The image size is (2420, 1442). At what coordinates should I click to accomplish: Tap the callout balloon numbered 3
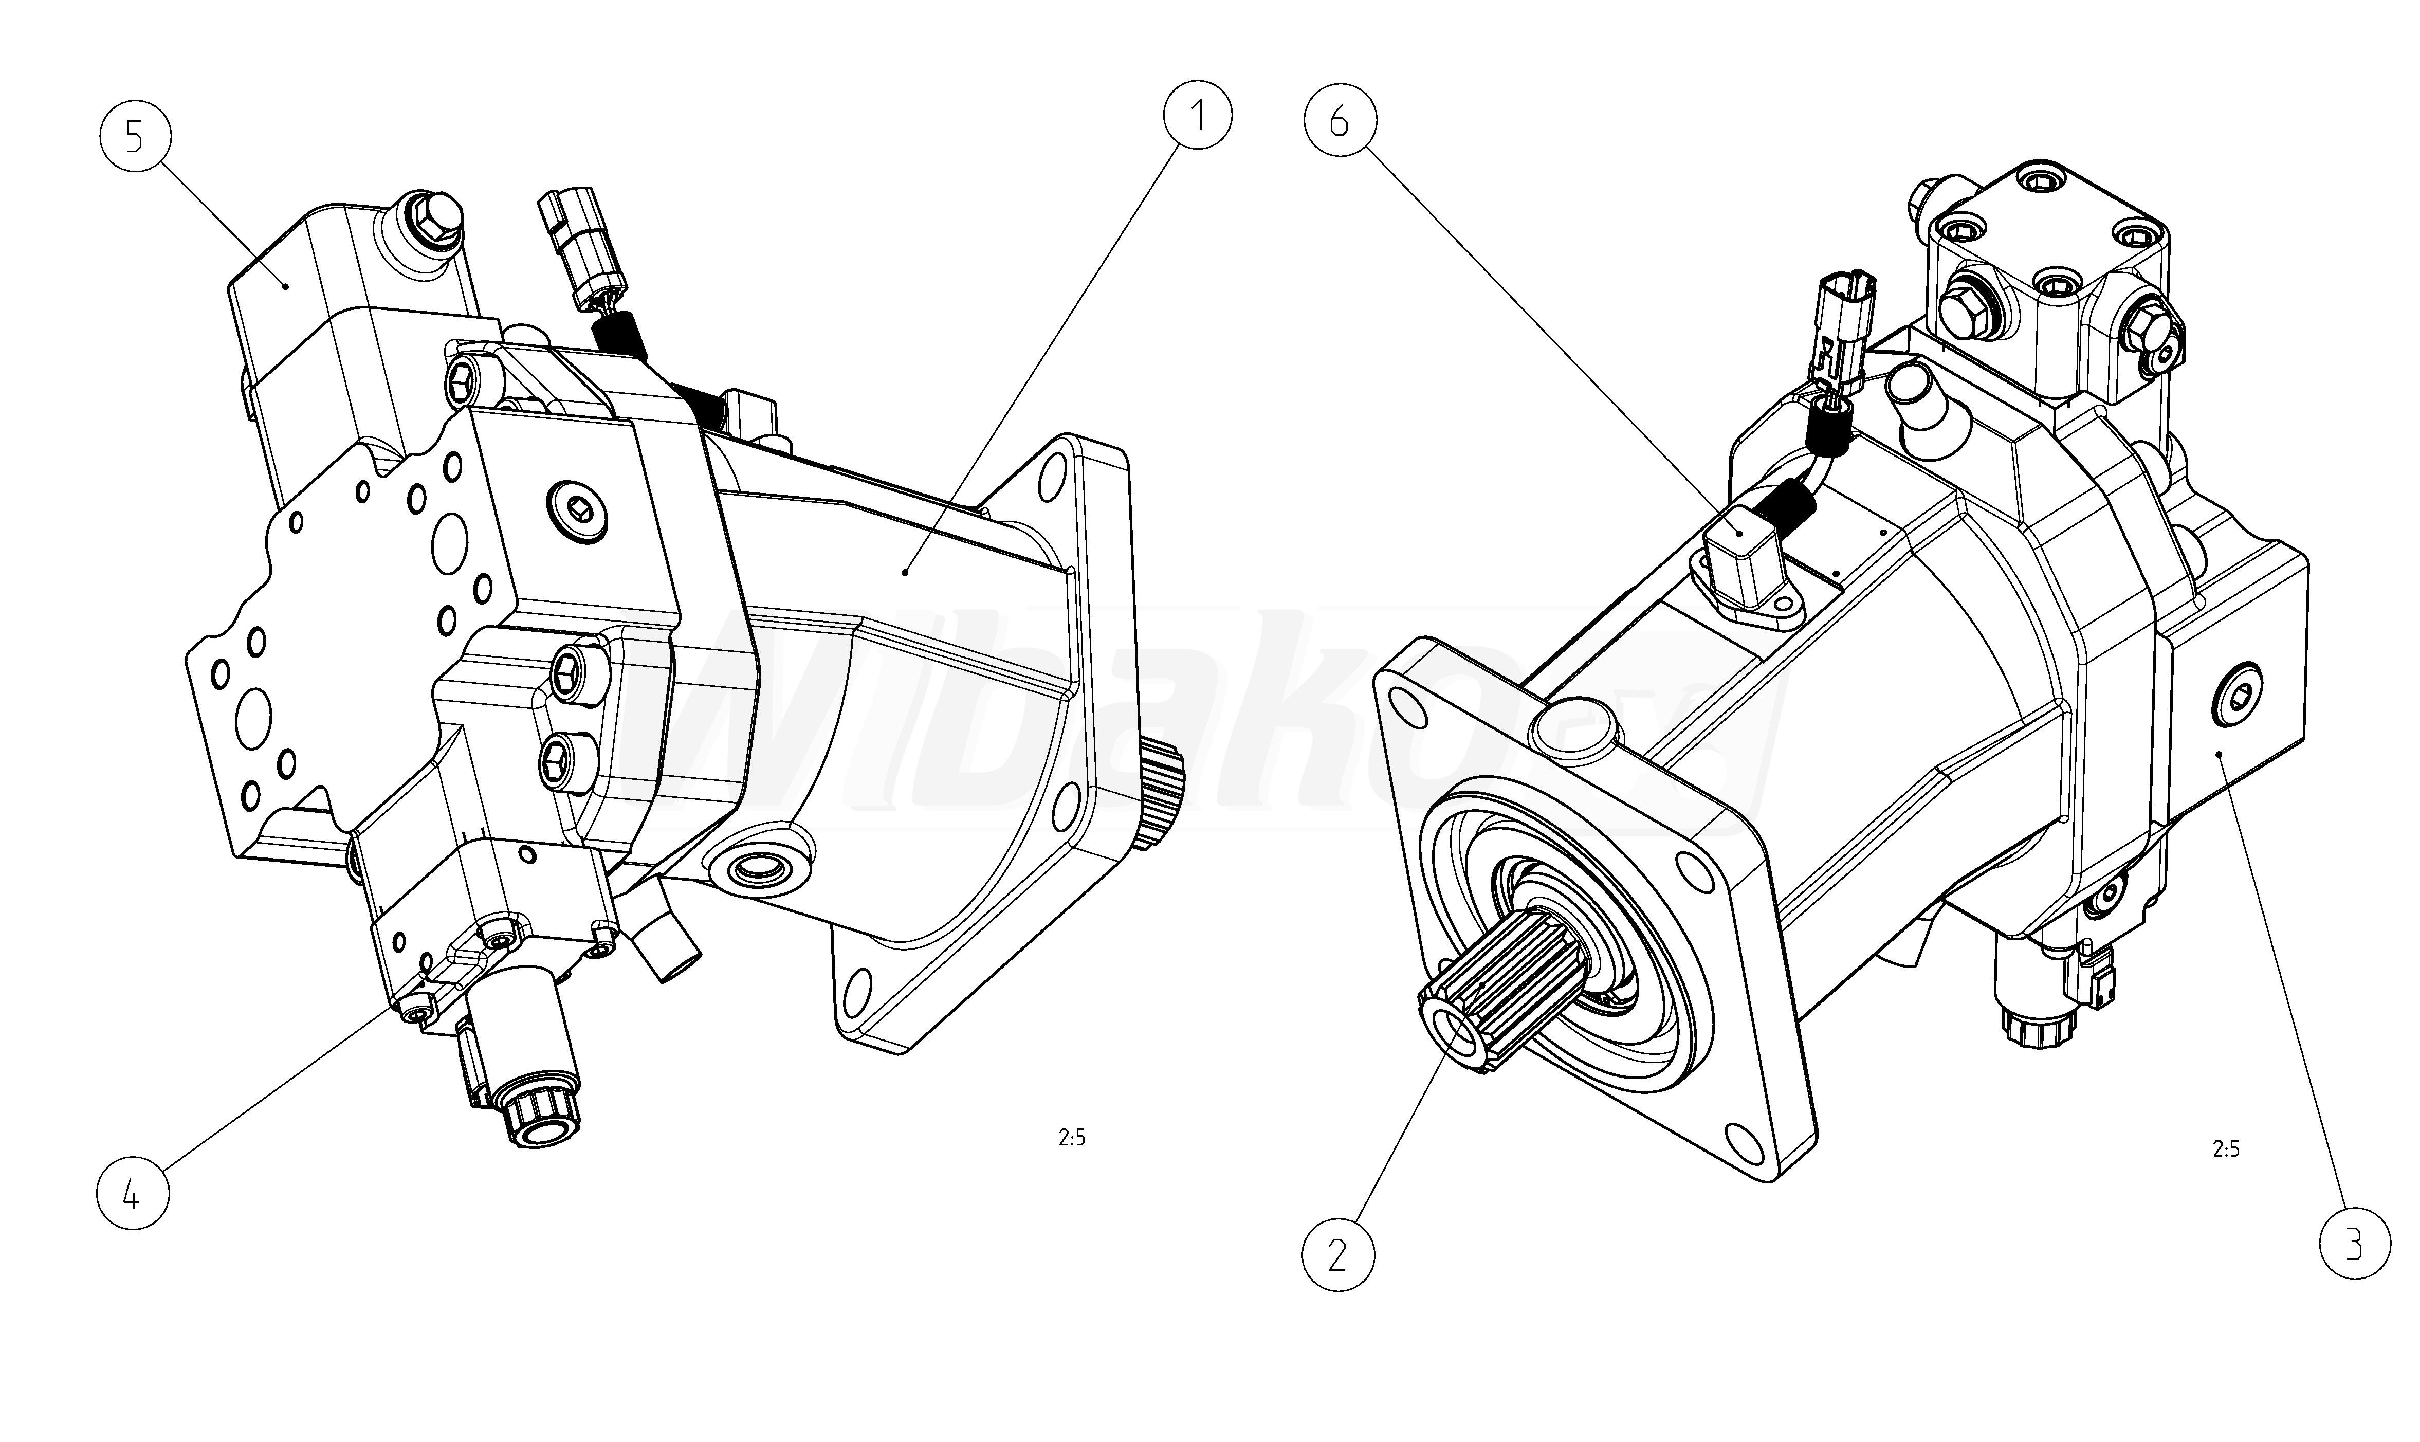coord(2355,1244)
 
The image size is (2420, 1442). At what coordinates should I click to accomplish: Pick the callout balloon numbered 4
coord(133,1194)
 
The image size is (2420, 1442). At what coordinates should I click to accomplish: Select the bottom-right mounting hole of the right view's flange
coord(1745,1137)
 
